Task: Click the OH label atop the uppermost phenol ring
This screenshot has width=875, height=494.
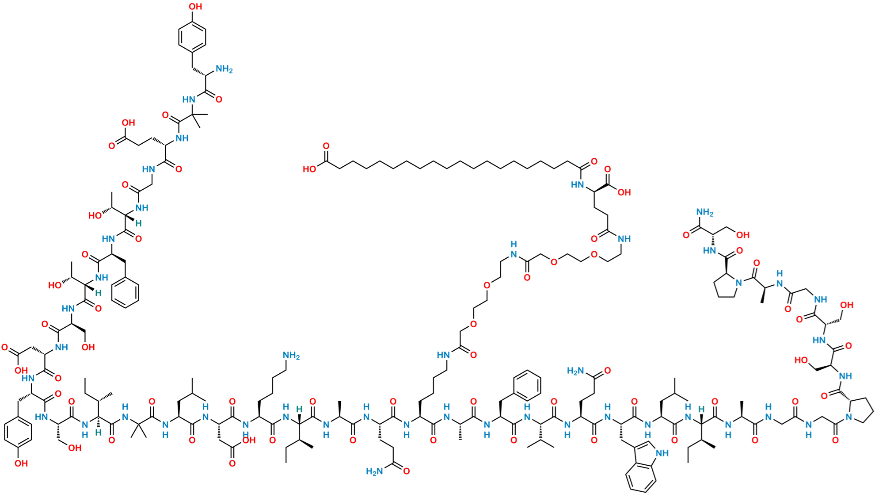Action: point(196,6)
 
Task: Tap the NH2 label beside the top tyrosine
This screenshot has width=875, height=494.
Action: point(224,69)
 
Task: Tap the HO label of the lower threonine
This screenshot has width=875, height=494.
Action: point(55,285)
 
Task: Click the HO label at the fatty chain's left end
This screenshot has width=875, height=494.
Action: point(310,169)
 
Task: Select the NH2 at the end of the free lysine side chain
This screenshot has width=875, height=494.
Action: point(291,355)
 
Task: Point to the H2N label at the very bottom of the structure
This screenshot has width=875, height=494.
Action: point(374,471)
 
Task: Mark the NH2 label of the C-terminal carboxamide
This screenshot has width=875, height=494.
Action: point(705,213)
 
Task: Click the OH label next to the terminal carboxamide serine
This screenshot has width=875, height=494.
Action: point(743,235)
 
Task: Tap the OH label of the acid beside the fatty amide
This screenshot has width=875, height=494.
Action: point(624,192)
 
